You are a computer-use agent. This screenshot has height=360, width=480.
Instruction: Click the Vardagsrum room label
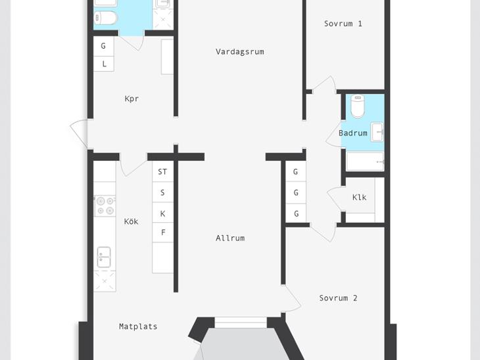[x=240, y=52]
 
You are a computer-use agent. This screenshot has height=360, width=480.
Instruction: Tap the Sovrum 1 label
[x=343, y=24]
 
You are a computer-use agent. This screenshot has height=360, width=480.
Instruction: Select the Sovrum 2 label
[x=338, y=298]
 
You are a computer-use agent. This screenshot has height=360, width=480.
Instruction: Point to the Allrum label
[x=230, y=238]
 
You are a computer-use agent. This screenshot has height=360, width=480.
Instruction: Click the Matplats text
[x=138, y=326]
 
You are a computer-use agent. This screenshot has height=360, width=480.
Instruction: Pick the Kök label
[x=131, y=221]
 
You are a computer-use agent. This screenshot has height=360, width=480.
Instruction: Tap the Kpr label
[x=132, y=99]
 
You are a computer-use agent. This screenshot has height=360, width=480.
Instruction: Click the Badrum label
[x=353, y=133]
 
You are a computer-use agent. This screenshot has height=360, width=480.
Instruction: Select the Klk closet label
[x=360, y=197]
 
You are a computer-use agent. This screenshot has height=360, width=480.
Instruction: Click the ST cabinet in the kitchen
[x=162, y=171]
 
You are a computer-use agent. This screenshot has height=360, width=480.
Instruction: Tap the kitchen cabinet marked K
[x=162, y=213]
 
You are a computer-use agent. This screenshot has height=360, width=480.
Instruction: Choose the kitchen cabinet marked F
[x=162, y=233]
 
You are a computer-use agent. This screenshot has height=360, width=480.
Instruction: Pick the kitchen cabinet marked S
[x=162, y=192]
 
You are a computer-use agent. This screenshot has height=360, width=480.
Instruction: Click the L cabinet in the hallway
[x=104, y=64]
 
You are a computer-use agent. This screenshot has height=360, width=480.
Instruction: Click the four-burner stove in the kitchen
[x=105, y=206]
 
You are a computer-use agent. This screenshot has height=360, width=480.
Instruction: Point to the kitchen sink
[x=104, y=258]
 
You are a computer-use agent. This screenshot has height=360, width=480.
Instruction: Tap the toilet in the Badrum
[x=358, y=106]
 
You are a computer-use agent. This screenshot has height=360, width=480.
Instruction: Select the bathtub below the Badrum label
[x=365, y=161]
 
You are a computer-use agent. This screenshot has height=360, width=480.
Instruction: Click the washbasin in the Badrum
[x=377, y=132]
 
